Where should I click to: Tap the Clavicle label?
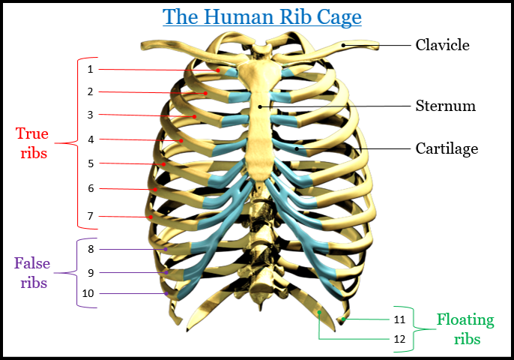pyautogui.click(x=442, y=45)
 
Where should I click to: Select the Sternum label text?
pyautogui.click(x=445, y=106)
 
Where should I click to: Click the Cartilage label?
pyautogui.click(x=447, y=148)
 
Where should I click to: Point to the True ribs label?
pyautogui.click(x=32, y=143)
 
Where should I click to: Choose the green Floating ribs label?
pyautogui.click(x=465, y=329)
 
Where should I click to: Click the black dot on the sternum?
pyautogui.click(x=260, y=106)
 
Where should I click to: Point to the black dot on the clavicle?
pyautogui.click(x=342, y=45)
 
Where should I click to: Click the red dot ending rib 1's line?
pyautogui.click(x=218, y=70)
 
